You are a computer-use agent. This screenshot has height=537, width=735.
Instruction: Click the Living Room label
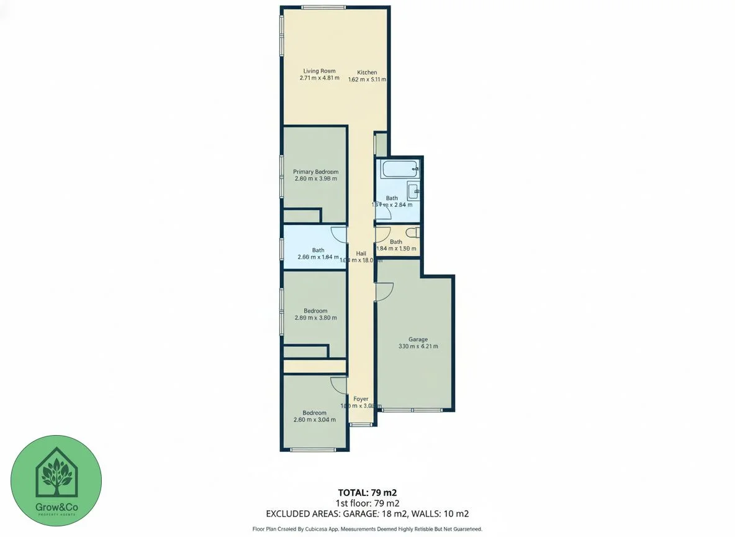click(319, 71)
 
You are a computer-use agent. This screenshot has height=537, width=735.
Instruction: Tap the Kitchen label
click(367, 73)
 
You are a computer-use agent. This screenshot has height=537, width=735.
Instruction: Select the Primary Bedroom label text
click(315, 172)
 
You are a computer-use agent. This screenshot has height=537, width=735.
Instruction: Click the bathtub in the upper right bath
click(399, 169)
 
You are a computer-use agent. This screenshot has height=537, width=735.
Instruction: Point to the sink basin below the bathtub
click(413, 190)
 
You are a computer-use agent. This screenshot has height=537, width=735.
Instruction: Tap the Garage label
click(418, 339)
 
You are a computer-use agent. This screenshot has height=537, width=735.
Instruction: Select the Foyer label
click(361, 399)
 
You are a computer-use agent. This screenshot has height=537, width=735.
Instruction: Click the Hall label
click(361, 253)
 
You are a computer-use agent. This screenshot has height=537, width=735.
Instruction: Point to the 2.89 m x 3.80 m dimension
click(315, 318)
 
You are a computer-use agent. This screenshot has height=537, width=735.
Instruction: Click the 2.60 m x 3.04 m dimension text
click(314, 420)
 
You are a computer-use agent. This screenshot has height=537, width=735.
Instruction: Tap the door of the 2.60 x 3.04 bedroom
click(339, 385)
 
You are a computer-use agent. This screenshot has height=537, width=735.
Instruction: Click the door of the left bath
click(339, 234)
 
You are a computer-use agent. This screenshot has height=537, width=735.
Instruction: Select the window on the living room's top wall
click(323, 7)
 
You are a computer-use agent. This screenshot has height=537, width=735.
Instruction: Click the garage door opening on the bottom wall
click(412, 410)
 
